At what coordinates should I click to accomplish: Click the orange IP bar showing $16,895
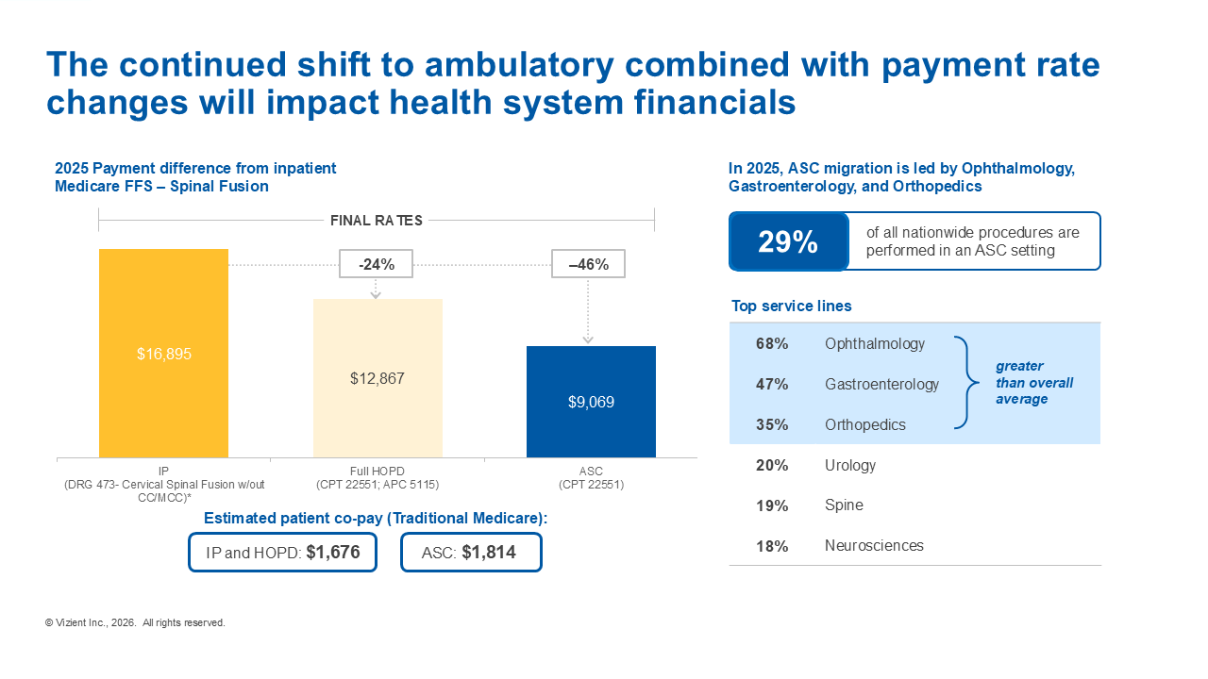[x=163, y=353]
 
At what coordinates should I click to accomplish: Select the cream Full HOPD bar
[x=377, y=378]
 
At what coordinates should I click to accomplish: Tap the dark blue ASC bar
[x=591, y=402]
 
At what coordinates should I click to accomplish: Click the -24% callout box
[x=376, y=264]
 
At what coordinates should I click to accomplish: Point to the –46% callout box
[x=588, y=264]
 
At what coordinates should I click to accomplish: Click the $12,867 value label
[x=377, y=378]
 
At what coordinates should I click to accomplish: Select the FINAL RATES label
[x=376, y=221]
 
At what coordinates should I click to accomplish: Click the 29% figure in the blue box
[x=788, y=242]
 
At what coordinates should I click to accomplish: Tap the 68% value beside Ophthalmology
[x=772, y=344]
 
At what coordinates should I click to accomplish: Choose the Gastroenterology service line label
[x=881, y=385]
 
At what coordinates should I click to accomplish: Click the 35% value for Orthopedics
[x=772, y=425]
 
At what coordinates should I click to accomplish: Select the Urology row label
[x=850, y=466]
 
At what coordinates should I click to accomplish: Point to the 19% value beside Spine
[x=772, y=506]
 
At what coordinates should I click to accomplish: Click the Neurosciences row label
[x=874, y=546]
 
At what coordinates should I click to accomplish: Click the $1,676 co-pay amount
[x=333, y=553]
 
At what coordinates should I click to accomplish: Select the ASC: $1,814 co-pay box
[x=471, y=553]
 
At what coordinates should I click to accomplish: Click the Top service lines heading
[x=791, y=306]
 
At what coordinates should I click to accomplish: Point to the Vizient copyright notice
[x=135, y=623]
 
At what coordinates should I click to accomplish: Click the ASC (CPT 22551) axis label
[x=591, y=478]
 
